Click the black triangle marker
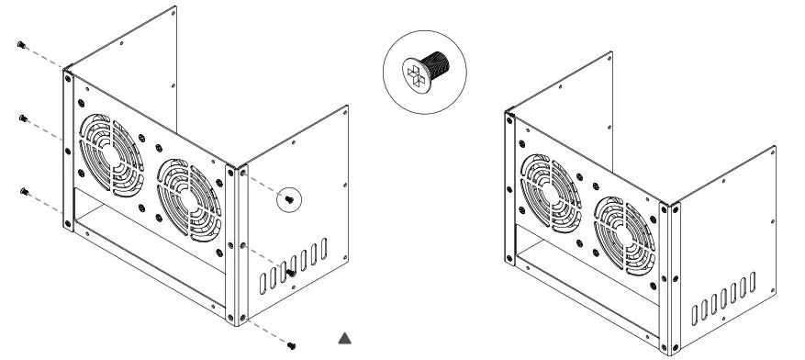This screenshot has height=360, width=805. (345, 338)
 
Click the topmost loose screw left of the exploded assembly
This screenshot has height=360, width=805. (21, 44)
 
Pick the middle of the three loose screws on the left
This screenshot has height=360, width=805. (22, 118)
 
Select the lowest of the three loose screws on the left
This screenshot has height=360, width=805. (22, 191)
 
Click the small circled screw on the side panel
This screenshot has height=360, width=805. (290, 197)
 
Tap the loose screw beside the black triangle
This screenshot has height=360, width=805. (293, 344)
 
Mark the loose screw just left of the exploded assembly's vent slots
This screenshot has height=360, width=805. (290, 272)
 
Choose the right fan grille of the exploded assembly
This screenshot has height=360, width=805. (187, 197)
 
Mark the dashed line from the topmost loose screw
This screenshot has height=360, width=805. (46, 56)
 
